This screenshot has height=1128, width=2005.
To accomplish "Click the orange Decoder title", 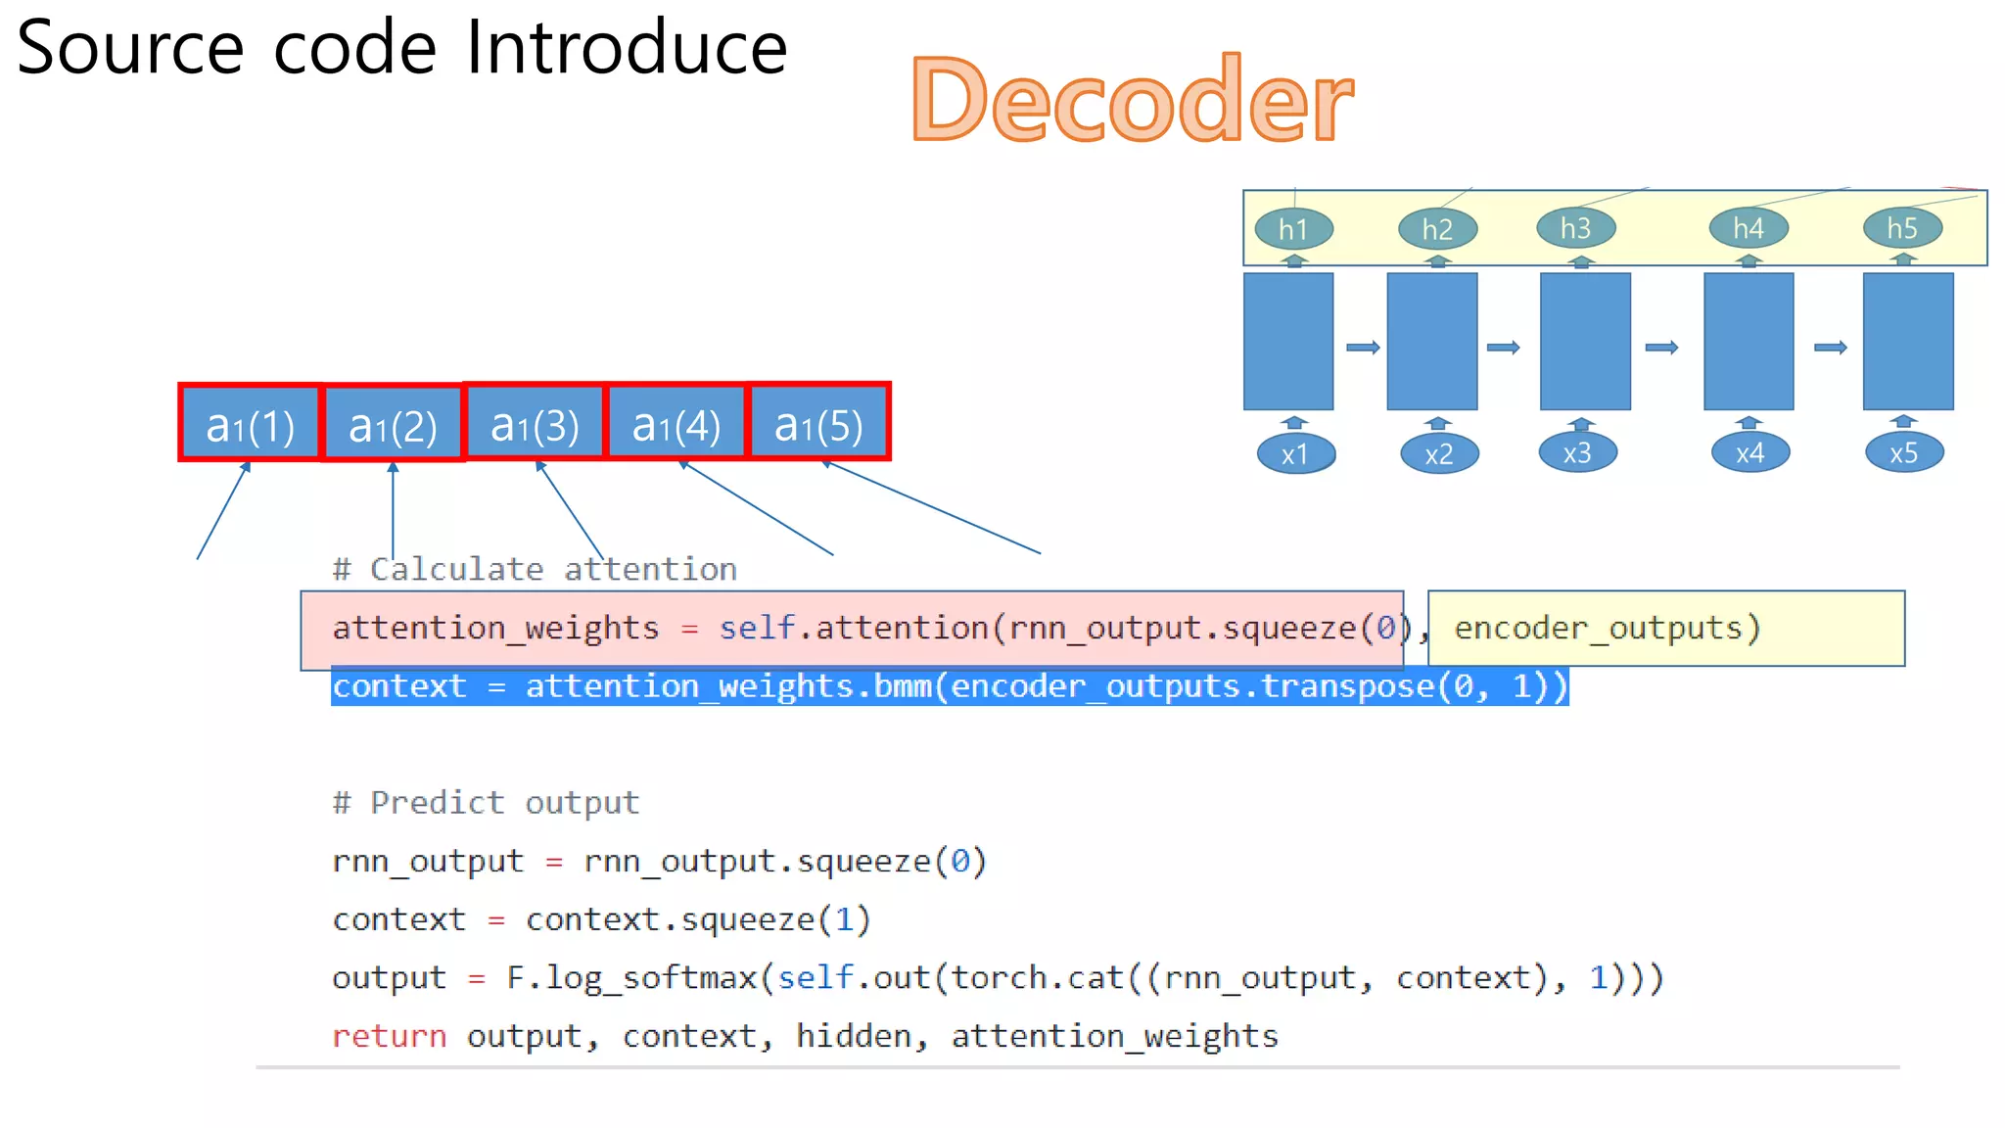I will (x=1132, y=99).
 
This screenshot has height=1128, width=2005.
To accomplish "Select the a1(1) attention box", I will (x=251, y=424).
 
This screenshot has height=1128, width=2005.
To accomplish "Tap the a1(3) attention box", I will (x=535, y=424).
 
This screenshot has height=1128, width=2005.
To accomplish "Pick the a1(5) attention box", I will (x=818, y=424).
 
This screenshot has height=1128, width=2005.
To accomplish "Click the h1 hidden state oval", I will (x=1293, y=229).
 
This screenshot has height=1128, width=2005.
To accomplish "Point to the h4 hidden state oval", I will (x=1749, y=228).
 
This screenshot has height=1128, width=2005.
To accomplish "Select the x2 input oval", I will (x=1438, y=454).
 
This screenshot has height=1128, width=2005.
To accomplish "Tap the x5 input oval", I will (x=1903, y=453).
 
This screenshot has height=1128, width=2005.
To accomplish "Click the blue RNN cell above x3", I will (x=1585, y=341).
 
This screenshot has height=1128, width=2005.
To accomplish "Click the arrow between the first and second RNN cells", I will (x=1363, y=348).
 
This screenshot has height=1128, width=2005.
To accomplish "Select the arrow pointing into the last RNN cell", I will (x=1830, y=348).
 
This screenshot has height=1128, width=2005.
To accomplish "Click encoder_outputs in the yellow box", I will (x=1606, y=628).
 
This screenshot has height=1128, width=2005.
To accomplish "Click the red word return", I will (x=389, y=1036).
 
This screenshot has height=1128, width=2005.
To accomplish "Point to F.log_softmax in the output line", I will (x=631, y=977).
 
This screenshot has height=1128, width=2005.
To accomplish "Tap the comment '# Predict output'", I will (x=486, y=803).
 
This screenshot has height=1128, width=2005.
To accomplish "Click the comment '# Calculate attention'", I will (x=535, y=569).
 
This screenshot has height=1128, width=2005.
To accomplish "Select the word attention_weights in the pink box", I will (x=495, y=628).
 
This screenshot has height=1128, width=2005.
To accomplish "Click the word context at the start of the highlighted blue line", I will (x=399, y=686).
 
